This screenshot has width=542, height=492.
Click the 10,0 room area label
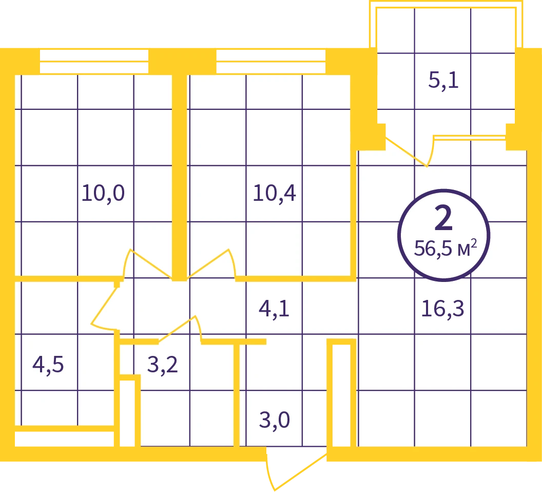[x=103, y=194]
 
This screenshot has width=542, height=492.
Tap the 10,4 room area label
[x=275, y=194]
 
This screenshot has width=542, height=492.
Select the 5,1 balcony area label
[x=443, y=80]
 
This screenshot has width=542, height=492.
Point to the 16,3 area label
[x=442, y=309]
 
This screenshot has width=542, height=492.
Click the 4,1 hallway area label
[x=274, y=309]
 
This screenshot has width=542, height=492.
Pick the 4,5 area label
[x=48, y=365]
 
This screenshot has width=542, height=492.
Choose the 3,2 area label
[x=163, y=365]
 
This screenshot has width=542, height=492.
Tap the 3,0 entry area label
[x=275, y=421]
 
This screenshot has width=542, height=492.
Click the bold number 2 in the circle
[x=443, y=218]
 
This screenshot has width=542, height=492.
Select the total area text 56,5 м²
[x=446, y=248]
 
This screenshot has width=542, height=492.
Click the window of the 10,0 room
[x=94, y=61]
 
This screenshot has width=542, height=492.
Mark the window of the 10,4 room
[x=270, y=61]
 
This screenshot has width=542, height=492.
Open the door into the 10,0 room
[x=148, y=263]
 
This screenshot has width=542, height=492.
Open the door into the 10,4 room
[x=211, y=263]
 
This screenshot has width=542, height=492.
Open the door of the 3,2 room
[x=180, y=329]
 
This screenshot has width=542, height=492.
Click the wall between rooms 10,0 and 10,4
[x=180, y=177]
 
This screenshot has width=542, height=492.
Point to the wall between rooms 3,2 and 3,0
[x=237, y=394]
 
